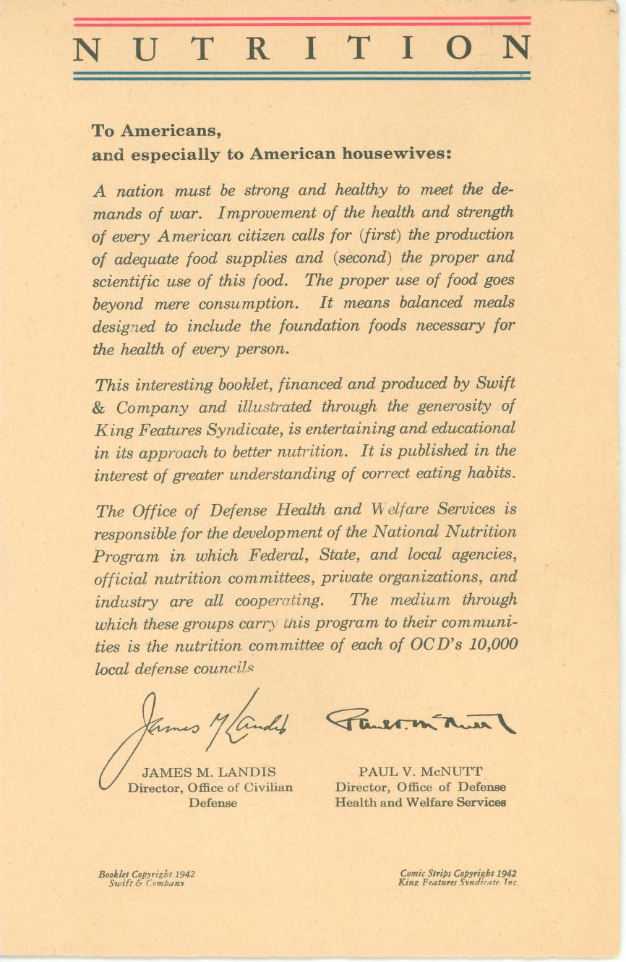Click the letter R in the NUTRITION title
pyautogui.click(x=257, y=48)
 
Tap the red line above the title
pyautogui.click(x=301, y=21)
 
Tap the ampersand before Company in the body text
pyautogui.click(x=100, y=407)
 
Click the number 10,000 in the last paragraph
pyautogui.click(x=493, y=644)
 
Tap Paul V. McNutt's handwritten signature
pyautogui.click(x=420, y=720)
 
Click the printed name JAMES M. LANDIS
pyautogui.click(x=209, y=772)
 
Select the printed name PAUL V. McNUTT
pyautogui.click(x=420, y=772)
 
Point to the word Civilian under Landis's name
pyautogui.click(x=266, y=788)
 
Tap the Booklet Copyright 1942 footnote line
pyautogui.click(x=147, y=874)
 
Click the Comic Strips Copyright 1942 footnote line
pyautogui.click(x=458, y=873)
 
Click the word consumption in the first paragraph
pyautogui.click(x=244, y=304)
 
